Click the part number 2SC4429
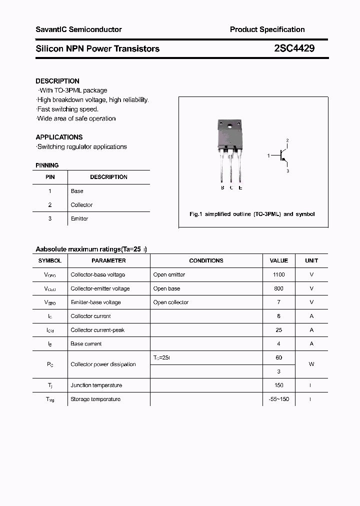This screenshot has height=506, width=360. [294, 48]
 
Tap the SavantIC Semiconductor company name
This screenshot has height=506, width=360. [78, 29]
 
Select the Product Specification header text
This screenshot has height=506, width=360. [267, 29]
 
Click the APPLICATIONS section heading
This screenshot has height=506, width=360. [59, 137]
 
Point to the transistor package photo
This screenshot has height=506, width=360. [230, 150]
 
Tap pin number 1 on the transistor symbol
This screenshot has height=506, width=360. [268, 156]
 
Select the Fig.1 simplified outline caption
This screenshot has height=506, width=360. [252, 214]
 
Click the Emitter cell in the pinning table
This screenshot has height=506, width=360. [79, 218]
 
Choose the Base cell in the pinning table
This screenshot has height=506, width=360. [77, 191]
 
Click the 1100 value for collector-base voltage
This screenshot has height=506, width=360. [278, 274]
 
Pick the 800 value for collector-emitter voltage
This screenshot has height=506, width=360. [278, 288]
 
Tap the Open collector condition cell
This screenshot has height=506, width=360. [171, 302]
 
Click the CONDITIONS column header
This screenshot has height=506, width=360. [206, 260]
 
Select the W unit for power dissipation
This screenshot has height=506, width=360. [311, 364]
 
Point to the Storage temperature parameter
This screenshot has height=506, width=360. [95, 399]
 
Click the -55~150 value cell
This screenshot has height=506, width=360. [278, 399]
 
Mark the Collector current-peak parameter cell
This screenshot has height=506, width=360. [97, 330]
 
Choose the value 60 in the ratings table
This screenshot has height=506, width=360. [278, 357]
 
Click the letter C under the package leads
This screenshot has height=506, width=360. [231, 188]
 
